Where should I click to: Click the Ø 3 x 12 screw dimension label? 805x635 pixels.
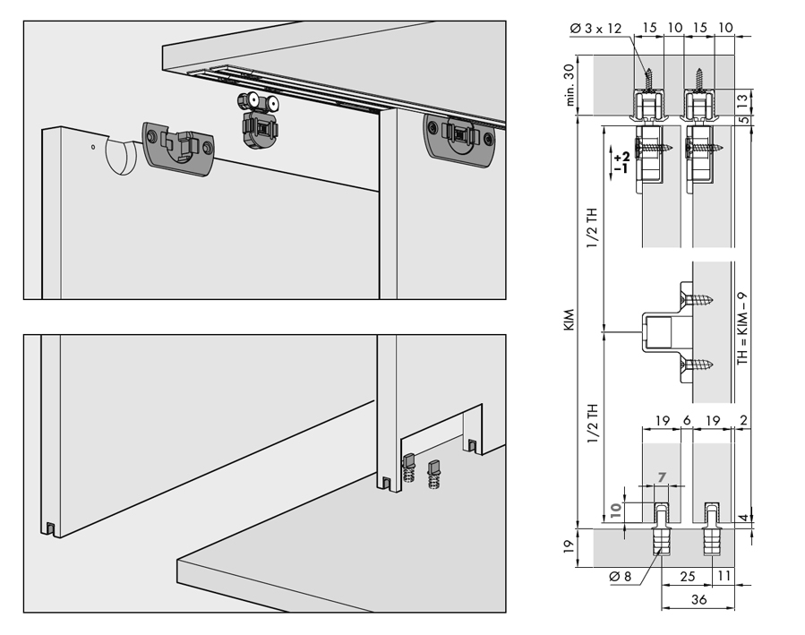tap(597, 29)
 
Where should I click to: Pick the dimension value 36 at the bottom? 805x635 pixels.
tap(699, 599)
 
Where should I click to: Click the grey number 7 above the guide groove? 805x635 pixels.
tap(663, 477)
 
